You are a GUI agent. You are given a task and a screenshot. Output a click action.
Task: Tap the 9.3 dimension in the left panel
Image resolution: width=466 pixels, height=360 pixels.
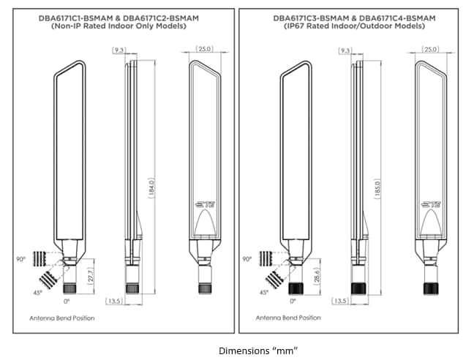[119, 50]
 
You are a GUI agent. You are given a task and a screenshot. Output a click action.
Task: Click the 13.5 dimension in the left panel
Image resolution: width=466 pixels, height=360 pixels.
[114, 301]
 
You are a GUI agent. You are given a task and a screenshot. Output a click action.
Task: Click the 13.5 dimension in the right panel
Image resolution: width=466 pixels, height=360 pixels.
[340, 301]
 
